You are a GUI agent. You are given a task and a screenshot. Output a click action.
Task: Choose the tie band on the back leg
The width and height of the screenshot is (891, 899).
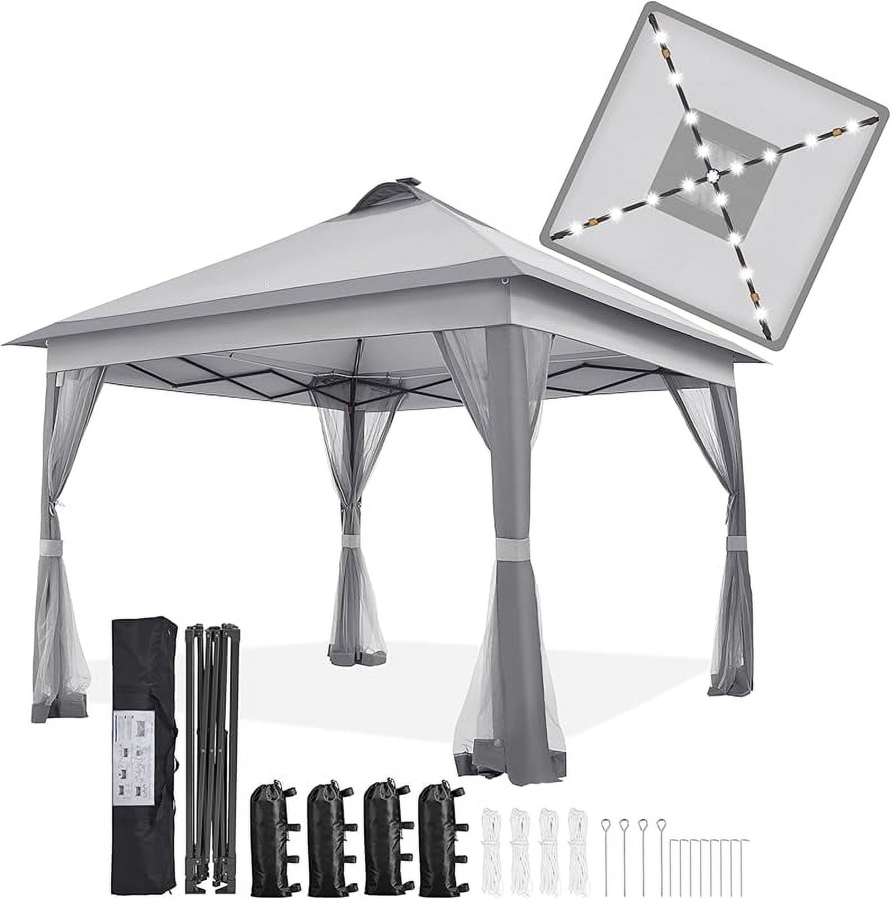[353, 541]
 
